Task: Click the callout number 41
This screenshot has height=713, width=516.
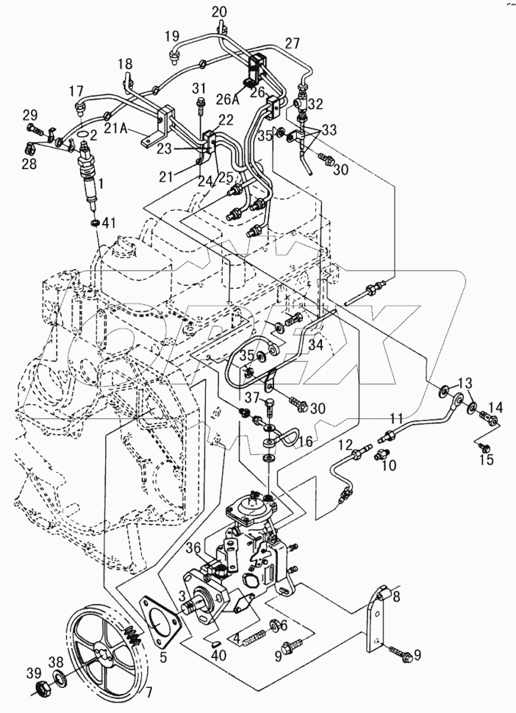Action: [x=110, y=222]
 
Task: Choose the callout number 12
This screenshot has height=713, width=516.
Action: [x=345, y=445]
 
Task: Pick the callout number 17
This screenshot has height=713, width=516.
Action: [x=77, y=91]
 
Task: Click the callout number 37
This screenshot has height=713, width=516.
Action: [x=253, y=397]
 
